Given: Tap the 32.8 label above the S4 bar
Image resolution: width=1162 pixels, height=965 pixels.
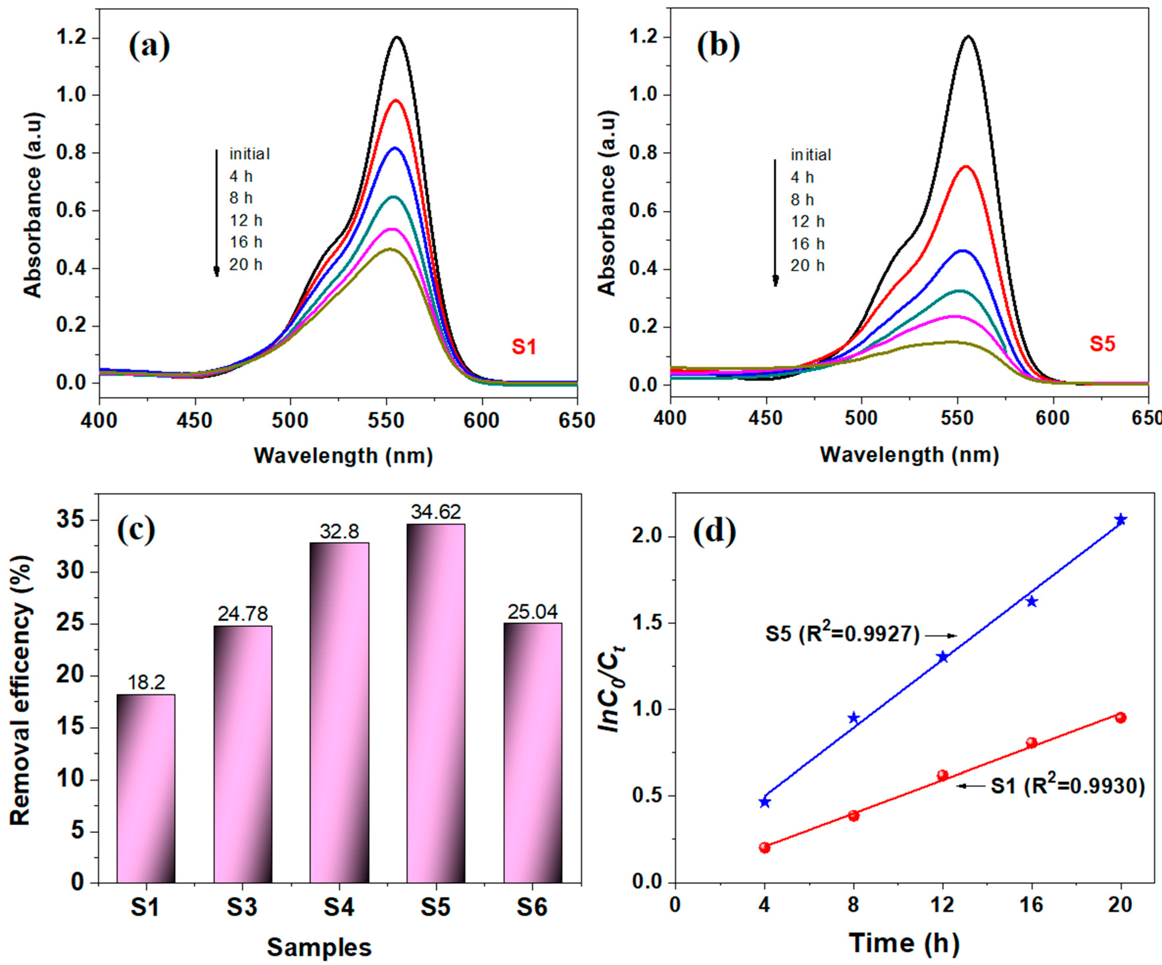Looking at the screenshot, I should [339, 531].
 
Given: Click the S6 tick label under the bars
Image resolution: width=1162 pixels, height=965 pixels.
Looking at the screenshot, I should [532, 907].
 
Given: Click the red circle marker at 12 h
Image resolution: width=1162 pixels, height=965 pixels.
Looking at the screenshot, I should [943, 775].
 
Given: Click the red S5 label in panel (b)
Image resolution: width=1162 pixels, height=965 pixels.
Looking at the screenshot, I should [1102, 344].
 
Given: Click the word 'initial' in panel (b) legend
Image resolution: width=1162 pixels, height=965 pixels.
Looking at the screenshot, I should [811, 155].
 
